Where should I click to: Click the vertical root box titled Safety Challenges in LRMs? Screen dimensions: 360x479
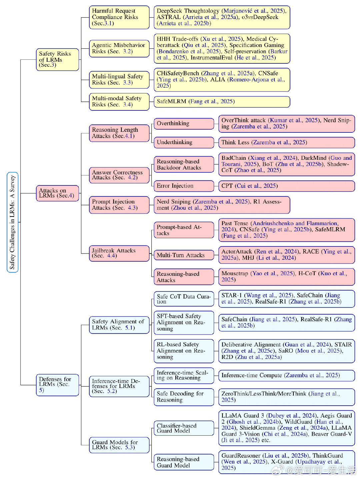pyautogui.click(x=12, y=222)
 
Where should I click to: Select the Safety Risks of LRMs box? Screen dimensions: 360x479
pyautogui.click(x=57, y=59)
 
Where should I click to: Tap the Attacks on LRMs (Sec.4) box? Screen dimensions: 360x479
pyautogui.click(x=57, y=193)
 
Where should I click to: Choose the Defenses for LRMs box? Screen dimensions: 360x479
pyautogui.click(x=57, y=385)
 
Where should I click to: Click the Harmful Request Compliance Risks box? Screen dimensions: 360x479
pyautogui.click(x=119, y=17)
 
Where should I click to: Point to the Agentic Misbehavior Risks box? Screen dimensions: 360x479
pyautogui.click(x=119, y=48)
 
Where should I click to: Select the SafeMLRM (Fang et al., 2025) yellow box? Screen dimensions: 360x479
pyautogui.click(x=222, y=102)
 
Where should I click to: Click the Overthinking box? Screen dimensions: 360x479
pyautogui.click(x=184, y=124)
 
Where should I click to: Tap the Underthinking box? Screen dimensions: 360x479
pyautogui.click(x=184, y=142)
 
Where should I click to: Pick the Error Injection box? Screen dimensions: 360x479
pyautogui.click(x=184, y=186)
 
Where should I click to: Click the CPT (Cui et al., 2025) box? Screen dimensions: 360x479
pyautogui.click(x=287, y=186)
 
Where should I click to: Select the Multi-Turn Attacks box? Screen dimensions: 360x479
pyautogui.click(x=184, y=255)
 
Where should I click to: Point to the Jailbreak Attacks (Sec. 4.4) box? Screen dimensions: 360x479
pyautogui.click(x=119, y=254)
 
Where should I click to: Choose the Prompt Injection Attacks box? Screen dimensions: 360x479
pyautogui.click(x=119, y=205)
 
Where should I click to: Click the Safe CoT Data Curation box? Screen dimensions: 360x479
pyautogui.click(x=184, y=299)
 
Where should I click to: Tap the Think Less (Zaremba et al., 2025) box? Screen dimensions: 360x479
pyautogui.click(x=287, y=142)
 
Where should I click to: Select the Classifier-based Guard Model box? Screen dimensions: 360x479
pyautogui.click(x=184, y=428)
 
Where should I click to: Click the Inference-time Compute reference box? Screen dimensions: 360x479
pyautogui.click(x=287, y=375)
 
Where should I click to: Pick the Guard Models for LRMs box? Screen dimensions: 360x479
pyautogui.click(x=119, y=445)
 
